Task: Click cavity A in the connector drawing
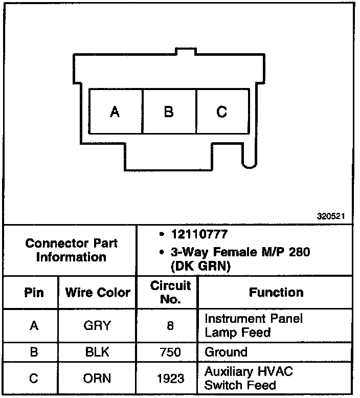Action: pos(116,112)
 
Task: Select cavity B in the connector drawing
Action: pos(169,112)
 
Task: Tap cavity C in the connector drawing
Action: pos(222,112)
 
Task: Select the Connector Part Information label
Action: pos(71,250)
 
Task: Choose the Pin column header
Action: pos(34,293)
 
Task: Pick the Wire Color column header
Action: pos(97,293)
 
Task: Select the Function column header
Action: pos(276,292)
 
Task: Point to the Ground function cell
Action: pos(226,352)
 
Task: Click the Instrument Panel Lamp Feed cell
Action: pos(254,325)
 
